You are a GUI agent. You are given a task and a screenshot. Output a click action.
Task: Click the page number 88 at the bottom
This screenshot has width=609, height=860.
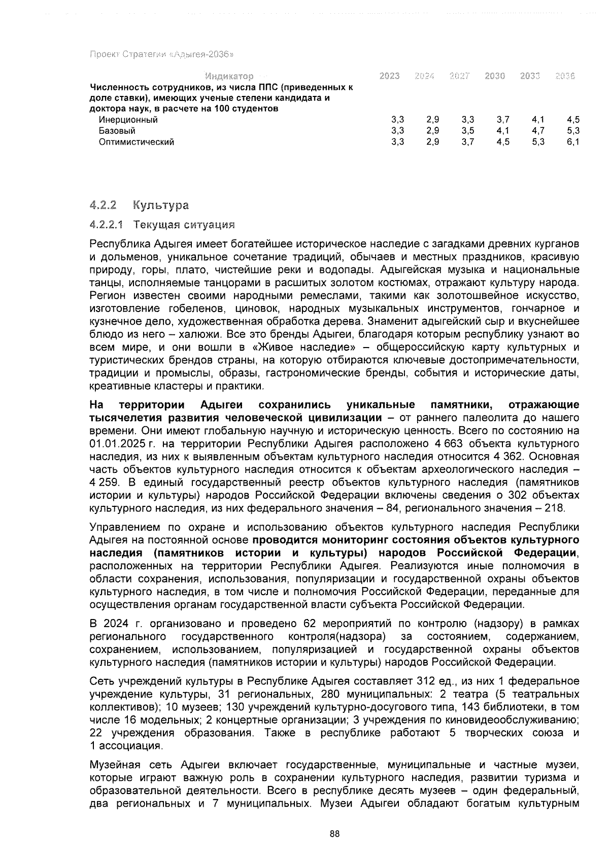click(x=334, y=834)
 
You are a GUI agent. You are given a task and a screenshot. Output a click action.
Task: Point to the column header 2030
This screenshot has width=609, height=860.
click(x=494, y=76)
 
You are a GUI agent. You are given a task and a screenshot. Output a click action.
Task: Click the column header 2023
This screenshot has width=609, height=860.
click(x=389, y=76)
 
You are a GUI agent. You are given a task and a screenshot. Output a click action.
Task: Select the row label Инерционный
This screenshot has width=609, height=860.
click(x=128, y=120)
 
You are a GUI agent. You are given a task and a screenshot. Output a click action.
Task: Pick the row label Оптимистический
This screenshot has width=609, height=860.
click(x=137, y=142)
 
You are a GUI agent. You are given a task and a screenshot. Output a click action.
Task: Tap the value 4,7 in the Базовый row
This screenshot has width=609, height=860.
click(x=538, y=131)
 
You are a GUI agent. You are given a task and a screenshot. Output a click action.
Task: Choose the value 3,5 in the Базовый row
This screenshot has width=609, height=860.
click(x=467, y=131)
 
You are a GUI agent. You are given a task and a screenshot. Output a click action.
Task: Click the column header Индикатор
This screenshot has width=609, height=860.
click(x=229, y=77)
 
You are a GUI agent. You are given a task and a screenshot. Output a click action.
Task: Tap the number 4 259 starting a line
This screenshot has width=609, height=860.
click(x=103, y=482)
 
